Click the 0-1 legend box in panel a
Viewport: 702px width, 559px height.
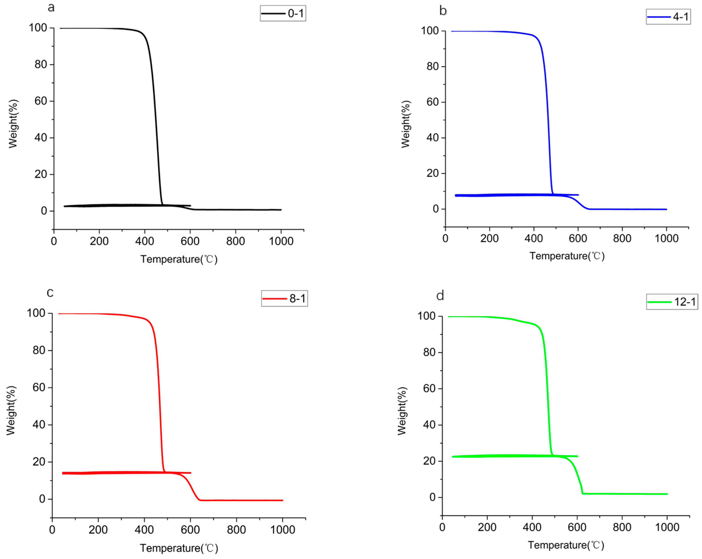pos(283,13)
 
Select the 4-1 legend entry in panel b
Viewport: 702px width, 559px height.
pos(668,17)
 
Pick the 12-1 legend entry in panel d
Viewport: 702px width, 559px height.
pos(672,302)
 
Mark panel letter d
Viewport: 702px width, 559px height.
pos(440,296)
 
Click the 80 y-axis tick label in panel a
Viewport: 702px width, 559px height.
pos(41,65)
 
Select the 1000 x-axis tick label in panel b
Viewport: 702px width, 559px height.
pos(666,238)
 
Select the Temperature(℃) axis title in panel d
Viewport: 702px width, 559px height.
pos(566,545)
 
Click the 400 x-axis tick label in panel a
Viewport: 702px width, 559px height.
pos(144,241)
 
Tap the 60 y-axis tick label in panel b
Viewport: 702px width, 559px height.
pos(433,102)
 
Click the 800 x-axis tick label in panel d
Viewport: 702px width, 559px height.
pos(622,527)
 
